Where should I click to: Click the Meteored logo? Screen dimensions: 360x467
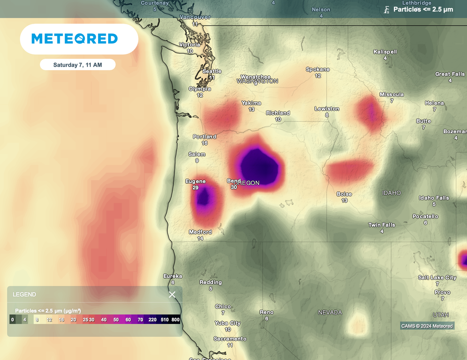pyautogui.click(x=75, y=39)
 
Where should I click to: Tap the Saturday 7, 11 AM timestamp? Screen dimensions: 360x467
pyautogui.click(x=78, y=65)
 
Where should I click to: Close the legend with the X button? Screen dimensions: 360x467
pyautogui.click(x=172, y=294)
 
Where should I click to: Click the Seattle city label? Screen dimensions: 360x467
pyautogui.click(x=212, y=71)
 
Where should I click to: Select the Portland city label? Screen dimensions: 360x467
pyautogui.click(x=204, y=136)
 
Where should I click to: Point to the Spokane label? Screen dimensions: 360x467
pyautogui.click(x=317, y=69)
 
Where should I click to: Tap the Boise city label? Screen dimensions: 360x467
pyautogui.click(x=344, y=194)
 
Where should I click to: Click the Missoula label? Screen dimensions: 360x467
pyautogui.click(x=391, y=94)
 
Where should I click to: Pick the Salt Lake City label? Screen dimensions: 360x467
pyautogui.click(x=437, y=277)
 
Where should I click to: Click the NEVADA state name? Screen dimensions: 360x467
pyautogui.click(x=330, y=313)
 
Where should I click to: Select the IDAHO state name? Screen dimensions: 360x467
pyautogui.click(x=391, y=193)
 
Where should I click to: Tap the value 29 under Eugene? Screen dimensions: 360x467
pyautogui.click(x=196, y=188)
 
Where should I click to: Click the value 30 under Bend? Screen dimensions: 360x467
pyautogui.click(x=233, y=187)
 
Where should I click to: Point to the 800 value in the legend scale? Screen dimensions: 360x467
pyautogui.click(x=176, y=320)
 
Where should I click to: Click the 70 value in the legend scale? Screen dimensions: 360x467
pyautogui.click(x=140, y=320)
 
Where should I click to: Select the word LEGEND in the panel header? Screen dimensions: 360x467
pyautogui.click(x=24, y=294)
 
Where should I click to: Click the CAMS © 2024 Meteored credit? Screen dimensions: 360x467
pyautogui.click(x=427, y=326)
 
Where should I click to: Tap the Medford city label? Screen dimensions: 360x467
pyautogui.click(x=200, y=232)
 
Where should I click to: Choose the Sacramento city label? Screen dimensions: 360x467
pyautogui.click(x=230, y=339)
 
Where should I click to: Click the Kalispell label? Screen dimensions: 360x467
pyautogui.click(x=385, y=52)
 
